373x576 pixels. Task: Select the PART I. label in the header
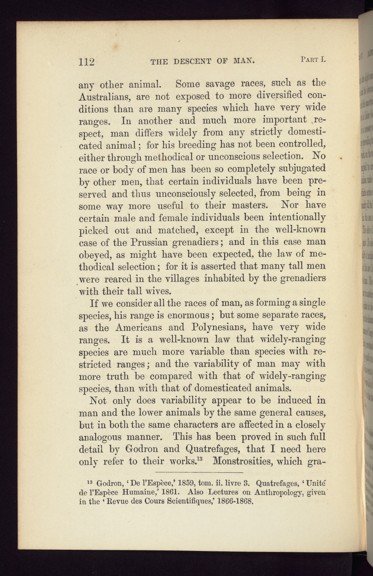coord(313,59)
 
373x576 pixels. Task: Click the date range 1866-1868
coord(235,501)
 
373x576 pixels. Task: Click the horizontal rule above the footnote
coord(199,473)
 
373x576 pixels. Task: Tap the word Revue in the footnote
coord(119,501)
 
